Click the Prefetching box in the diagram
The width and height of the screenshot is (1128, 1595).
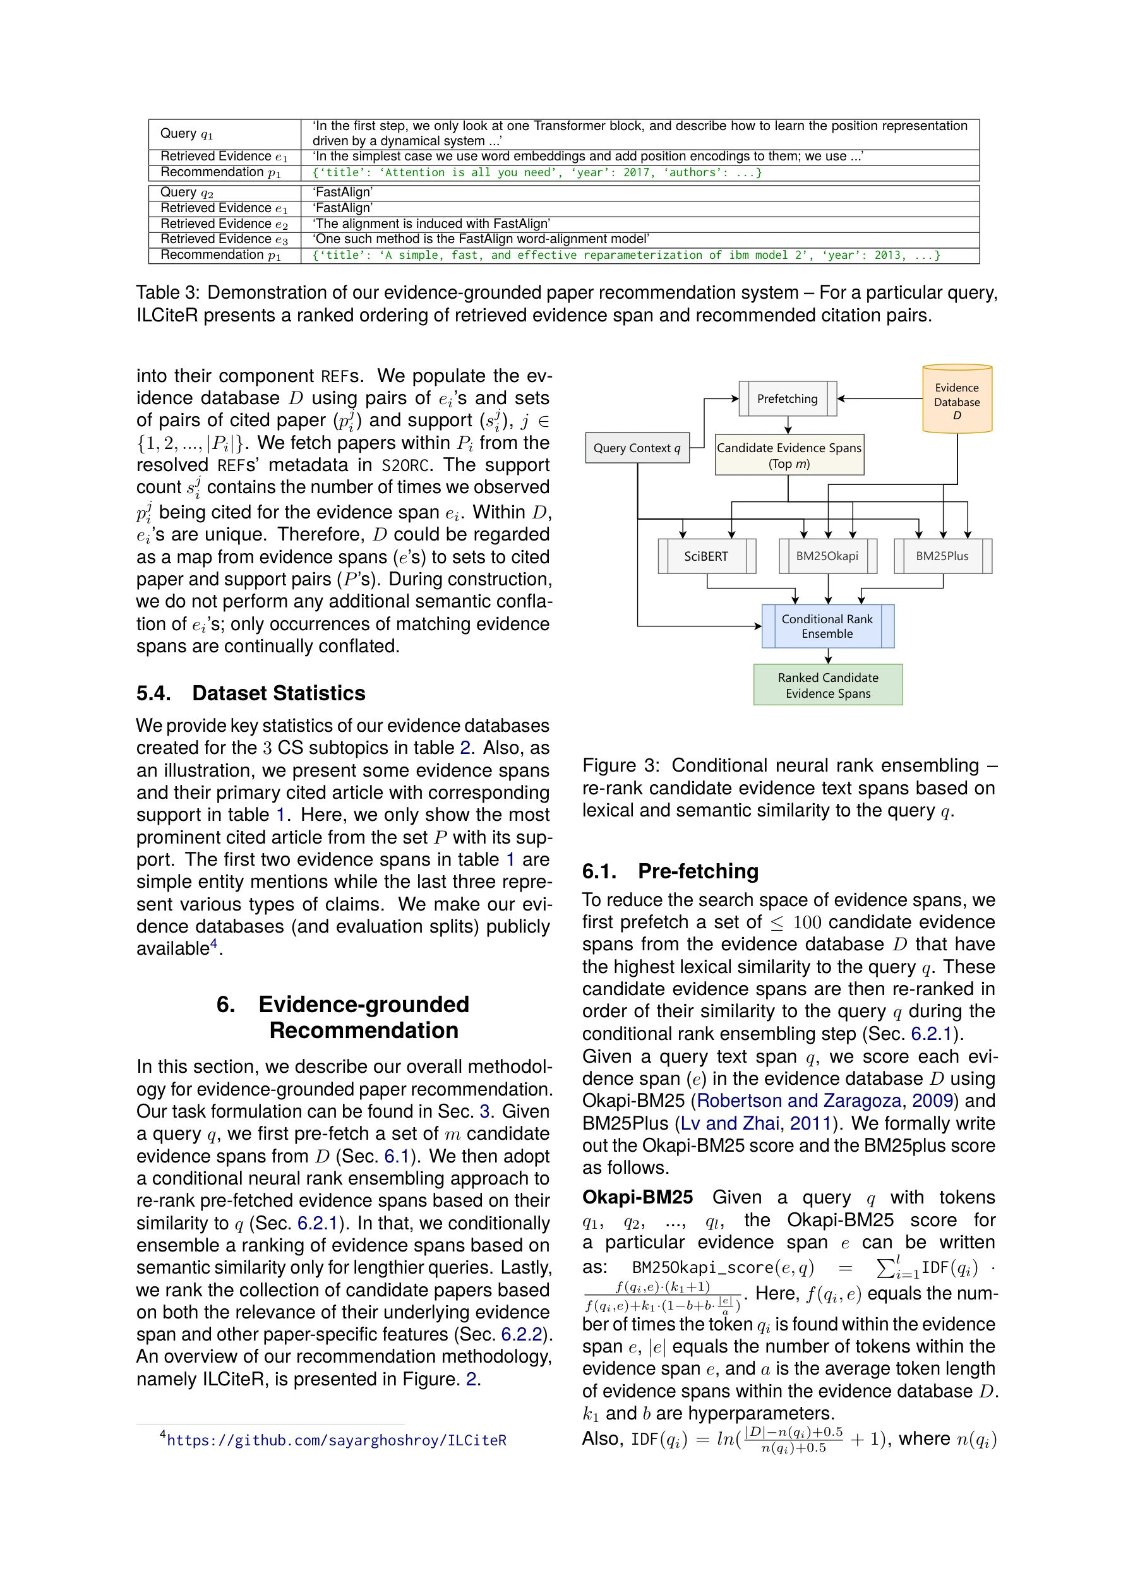point(787,399)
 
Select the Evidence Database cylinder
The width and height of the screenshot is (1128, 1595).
point(956,400)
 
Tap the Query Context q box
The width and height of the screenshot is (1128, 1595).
point(637,448)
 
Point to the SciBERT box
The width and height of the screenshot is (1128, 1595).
point(706,556)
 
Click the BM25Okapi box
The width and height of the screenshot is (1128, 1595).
point(827,556)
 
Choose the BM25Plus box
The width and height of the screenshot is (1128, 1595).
point(942,556)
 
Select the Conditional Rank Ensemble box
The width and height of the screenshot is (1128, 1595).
point(827,626)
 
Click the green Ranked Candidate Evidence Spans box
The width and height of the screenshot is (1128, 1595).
point(827,685)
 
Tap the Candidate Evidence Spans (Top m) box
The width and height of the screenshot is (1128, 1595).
point(789,455)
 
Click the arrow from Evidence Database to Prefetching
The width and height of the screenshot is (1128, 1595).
point(879,399)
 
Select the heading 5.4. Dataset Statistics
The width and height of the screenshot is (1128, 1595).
point(250,693)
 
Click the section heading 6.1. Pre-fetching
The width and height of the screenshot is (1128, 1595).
point(670,871)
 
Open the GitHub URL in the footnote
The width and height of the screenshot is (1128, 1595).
point(337,1440)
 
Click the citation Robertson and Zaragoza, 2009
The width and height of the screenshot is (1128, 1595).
point(825,1101)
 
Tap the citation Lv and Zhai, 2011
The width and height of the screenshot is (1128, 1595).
point(755,1123)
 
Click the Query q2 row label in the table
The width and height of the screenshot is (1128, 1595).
point(186,193)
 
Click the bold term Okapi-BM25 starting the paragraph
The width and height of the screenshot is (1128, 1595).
point(637,1198)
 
